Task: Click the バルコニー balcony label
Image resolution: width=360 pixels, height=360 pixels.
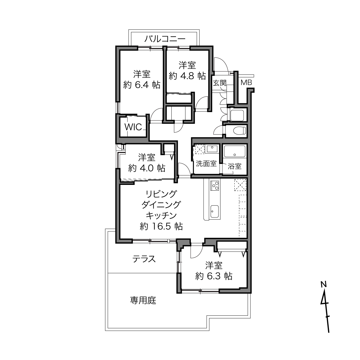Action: pos(165,39)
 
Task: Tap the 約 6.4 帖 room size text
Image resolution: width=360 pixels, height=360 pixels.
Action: pos(142,85)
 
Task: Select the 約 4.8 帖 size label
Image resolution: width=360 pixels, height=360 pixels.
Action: pos(187,76)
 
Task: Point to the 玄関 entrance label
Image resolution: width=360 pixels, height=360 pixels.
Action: pos(220,83)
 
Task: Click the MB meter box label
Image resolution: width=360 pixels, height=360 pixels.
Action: pos(246,83)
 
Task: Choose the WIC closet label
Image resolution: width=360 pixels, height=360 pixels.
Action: pos(133,127)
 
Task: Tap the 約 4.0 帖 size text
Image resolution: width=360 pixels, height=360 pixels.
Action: pos(147,168)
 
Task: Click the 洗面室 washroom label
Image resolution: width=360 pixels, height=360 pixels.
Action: pos(206,164)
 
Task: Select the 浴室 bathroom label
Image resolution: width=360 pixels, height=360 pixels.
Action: pos(234,166)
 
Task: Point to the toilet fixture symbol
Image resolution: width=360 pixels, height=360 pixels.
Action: pos(240,130)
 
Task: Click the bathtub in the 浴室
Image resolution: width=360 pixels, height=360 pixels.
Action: pos(235,151)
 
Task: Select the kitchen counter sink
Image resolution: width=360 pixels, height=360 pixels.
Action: pos(215,211)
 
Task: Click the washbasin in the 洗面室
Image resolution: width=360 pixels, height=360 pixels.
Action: pos(212,149)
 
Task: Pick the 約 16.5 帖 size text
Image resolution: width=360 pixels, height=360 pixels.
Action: pos(161,226)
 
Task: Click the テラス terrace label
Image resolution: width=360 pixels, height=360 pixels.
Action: pos(144,259)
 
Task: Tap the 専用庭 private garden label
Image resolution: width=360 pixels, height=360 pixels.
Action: pos(143,300)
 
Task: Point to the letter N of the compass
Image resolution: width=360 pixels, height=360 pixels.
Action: pos(323,284)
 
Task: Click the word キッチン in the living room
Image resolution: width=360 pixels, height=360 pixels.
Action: pos(161,216)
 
